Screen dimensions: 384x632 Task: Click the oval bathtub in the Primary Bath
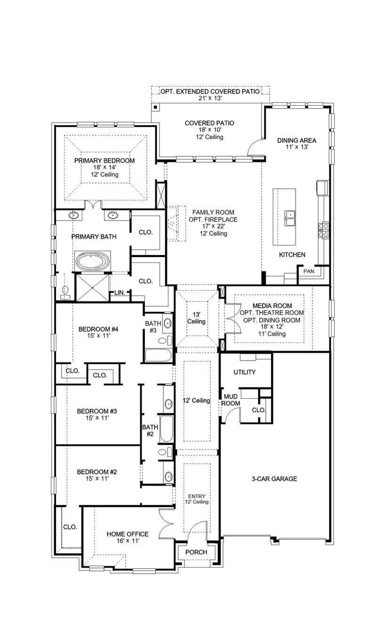(x=93, y=262)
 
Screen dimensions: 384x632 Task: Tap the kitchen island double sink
(x=290, y=218)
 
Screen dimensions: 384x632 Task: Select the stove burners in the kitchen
(x=324, y=229)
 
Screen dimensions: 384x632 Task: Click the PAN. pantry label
(x=309, y=271)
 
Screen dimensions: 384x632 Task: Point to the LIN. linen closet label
(x=120, y=292)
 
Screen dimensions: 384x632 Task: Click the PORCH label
(x=196, y=552)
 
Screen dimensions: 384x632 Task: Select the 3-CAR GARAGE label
(x=274, y=479)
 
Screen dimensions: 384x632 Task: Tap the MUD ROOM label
(x=231, y=400)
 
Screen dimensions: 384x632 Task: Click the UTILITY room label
(x=245, y=372)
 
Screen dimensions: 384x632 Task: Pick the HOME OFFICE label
(x=128, y=534)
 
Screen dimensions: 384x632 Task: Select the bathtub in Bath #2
(x=166, y=428)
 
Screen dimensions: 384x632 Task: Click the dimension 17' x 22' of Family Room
(x=214, y=226)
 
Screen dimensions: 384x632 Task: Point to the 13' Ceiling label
(x=196, y=318)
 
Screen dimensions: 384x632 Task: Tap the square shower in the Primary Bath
(x=93, y=287)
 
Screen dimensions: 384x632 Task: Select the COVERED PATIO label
(x=209, y=123)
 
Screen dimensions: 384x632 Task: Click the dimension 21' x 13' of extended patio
(x=209, y=98)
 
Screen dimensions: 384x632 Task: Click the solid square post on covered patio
(x=155, y=108)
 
